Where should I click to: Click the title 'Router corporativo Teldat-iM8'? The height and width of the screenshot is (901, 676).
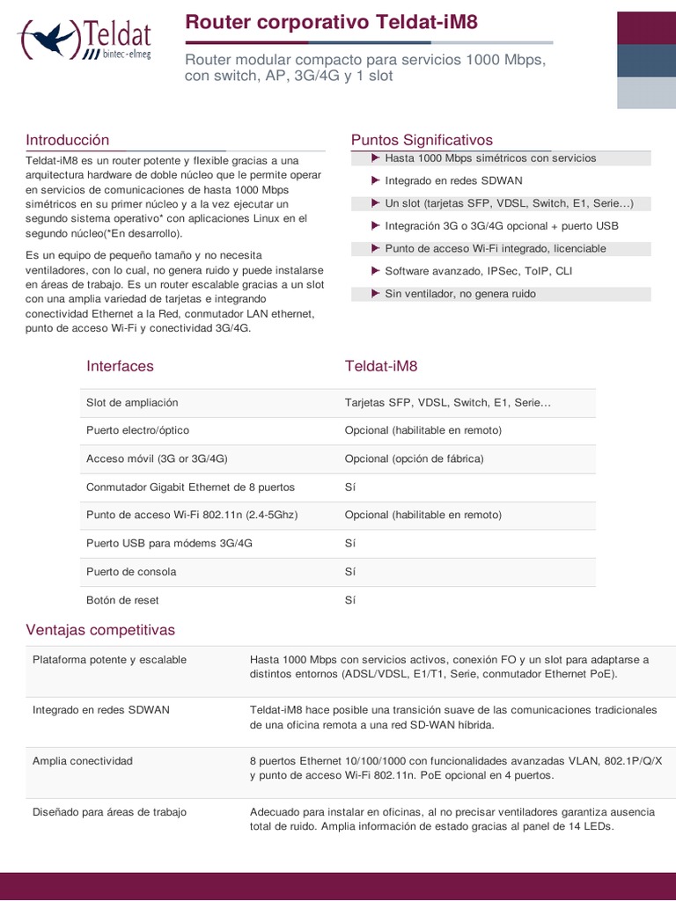point(331,23)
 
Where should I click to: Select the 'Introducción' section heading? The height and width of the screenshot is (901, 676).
point(68,140)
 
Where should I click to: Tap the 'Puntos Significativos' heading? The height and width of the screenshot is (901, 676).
point(422,140)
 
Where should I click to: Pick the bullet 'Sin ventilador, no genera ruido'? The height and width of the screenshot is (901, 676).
point(459,294)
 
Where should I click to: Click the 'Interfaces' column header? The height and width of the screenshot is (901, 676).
point(120,366)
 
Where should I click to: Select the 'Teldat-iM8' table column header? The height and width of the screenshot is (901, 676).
point(381,366)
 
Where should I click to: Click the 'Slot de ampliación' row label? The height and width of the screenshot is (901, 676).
point(132,402)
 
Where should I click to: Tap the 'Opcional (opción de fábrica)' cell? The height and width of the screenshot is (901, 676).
point(414,458)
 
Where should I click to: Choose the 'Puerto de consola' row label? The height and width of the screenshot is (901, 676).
point(131,571)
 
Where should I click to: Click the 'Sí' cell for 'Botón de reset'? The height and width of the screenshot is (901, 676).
point(349,600)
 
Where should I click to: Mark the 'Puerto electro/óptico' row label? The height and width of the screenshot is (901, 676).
point(137,430)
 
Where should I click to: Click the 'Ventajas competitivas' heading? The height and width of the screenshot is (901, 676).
point(100,630)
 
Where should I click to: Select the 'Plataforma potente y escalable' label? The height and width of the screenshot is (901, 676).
point(109,659)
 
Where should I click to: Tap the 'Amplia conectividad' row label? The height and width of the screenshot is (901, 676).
point(82,760)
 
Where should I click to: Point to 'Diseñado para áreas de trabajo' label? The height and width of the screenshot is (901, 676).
point(109,811)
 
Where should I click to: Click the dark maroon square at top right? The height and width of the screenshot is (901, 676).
point(646,27)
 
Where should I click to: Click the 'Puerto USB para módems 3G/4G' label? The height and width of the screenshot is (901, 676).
point(169,543)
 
